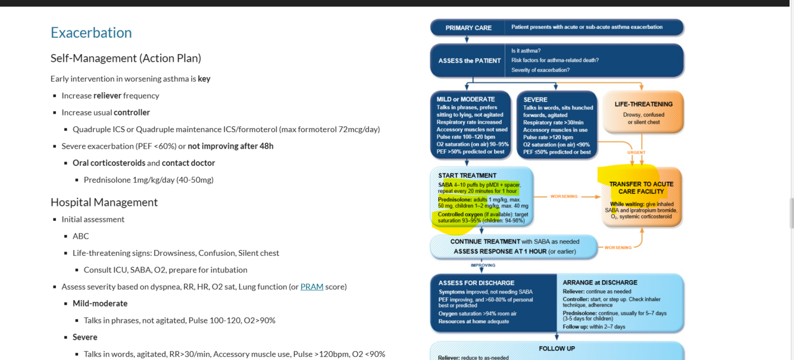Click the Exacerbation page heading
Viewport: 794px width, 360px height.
click(x=91, y=32)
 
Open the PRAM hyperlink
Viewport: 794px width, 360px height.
click(x=311, y=287)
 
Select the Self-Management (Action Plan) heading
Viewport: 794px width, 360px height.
click(x=126, y=58)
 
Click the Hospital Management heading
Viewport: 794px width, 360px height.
click(x=104, y=202)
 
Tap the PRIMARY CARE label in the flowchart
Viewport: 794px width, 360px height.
click(x=468, y=28)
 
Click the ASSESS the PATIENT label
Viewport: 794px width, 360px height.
click(x=470, y=61)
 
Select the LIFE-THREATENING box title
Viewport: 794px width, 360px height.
click(x=643, y=104)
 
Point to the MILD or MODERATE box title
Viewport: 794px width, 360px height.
click(x=465, y=99)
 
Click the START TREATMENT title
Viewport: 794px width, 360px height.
click(x=467, y=176)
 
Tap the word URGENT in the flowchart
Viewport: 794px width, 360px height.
click(x=636, y=152)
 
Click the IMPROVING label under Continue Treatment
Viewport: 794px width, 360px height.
click(x=483, y=265)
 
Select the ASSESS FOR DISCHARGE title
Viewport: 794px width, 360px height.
click(x=476, y=283)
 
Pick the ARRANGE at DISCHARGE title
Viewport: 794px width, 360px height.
click(x=600, y=283)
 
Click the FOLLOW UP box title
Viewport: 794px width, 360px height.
click(x=557, y=349)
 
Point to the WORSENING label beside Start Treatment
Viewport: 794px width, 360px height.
click(x=564, y=196)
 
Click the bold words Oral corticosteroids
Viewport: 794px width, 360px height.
click(x=109, y=163)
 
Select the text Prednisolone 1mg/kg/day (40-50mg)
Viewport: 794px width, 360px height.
click(x=148, y=180)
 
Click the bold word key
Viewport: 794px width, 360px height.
click(x=204, y=79)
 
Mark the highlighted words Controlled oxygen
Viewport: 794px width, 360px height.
click(x=460, y=214)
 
